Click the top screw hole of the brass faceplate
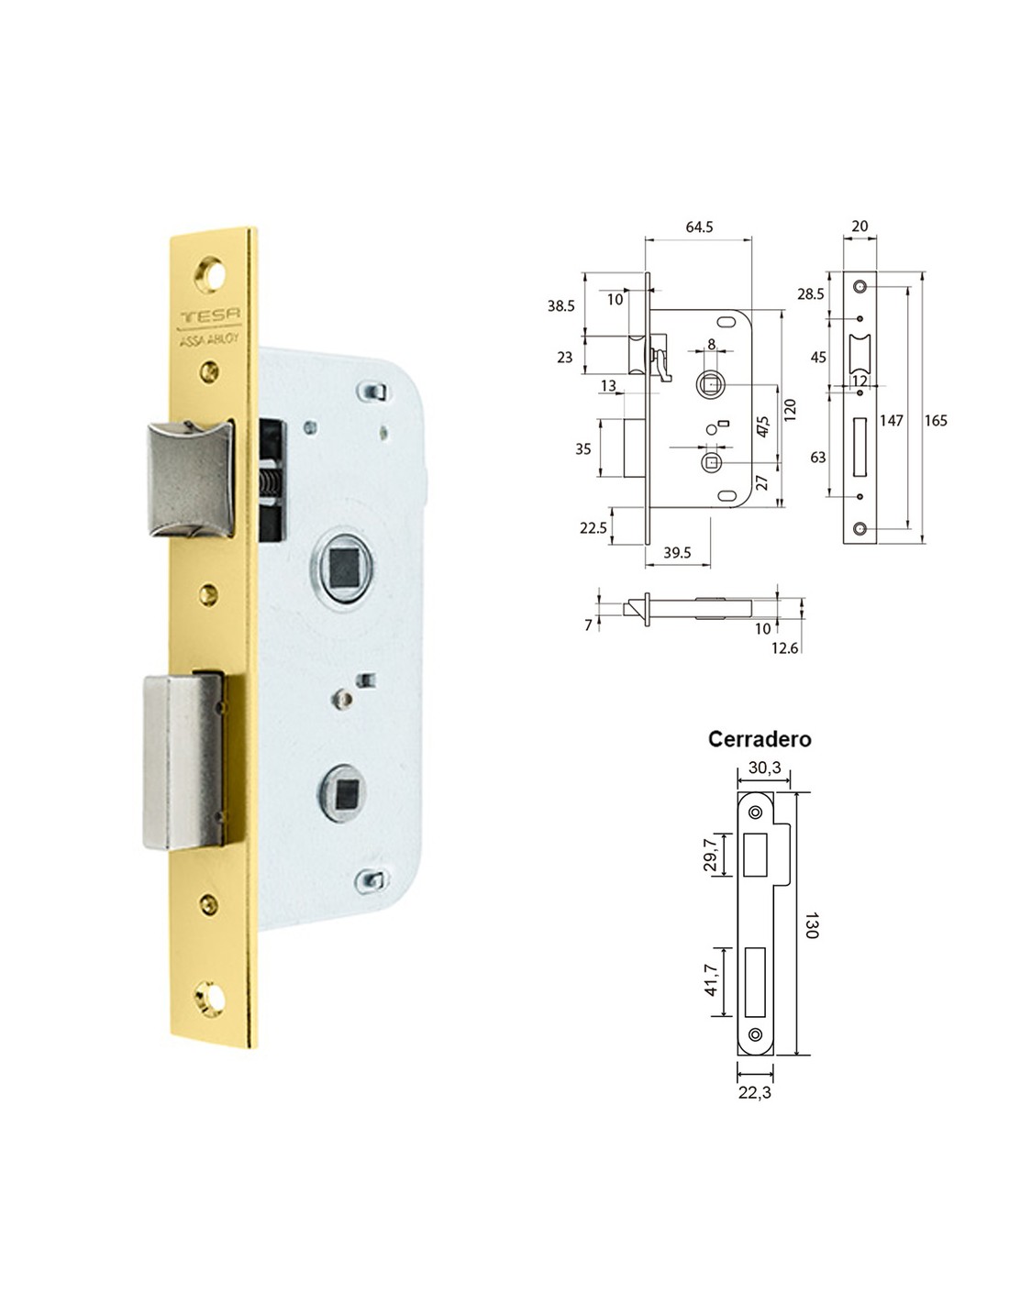click(x=209, y=274)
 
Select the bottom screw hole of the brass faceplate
click(x=210, y=1000)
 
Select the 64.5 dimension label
click(x=699, y=227)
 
